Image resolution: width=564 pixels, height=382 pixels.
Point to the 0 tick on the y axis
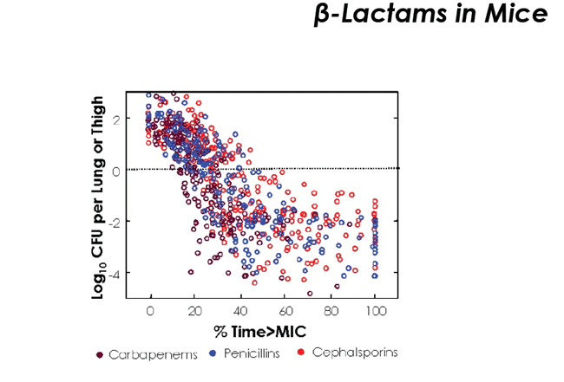coord(116,170)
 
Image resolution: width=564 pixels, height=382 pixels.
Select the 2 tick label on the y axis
coord(116,119)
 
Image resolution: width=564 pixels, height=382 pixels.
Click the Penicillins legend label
coord(251,353)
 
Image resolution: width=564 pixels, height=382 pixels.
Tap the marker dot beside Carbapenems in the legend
coord(100,354)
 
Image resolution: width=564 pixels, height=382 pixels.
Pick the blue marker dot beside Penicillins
coord(213,353)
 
